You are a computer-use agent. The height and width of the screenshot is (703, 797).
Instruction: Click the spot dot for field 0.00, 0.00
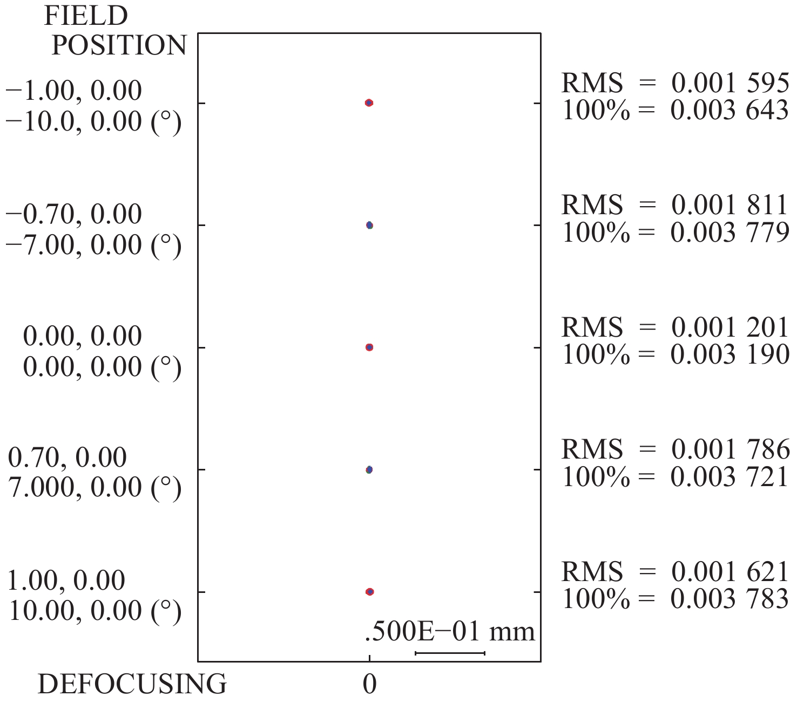pos(369,347)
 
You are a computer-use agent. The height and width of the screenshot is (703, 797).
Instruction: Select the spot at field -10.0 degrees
pos(369,103)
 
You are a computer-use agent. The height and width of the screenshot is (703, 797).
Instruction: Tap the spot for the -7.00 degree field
pos(369,226)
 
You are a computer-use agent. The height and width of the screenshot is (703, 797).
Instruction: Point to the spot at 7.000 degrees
pos(369,470)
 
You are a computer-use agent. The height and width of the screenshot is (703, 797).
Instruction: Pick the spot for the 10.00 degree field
pos(369,592)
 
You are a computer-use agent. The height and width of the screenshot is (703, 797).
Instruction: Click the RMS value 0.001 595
pos(730,84)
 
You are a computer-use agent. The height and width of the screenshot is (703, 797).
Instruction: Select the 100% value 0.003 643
pos(730,111)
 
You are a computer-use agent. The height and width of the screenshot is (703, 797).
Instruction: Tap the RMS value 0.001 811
pos(730,206)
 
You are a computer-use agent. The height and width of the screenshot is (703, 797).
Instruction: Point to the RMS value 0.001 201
pos(730,328)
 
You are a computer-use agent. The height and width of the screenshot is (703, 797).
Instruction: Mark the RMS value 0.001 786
pos(730,450)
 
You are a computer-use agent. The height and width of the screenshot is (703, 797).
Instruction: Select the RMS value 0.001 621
pos(730,572)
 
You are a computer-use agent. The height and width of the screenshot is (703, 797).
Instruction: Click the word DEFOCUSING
pos(132,685)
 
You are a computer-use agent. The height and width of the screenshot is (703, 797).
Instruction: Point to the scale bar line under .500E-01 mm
pos(450,653)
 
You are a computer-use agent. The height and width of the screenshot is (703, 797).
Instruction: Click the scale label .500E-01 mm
pos(450,632)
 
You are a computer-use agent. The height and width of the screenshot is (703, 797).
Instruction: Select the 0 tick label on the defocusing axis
pos(369,685)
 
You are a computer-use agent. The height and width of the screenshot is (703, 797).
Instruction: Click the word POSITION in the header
pos(119,45)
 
